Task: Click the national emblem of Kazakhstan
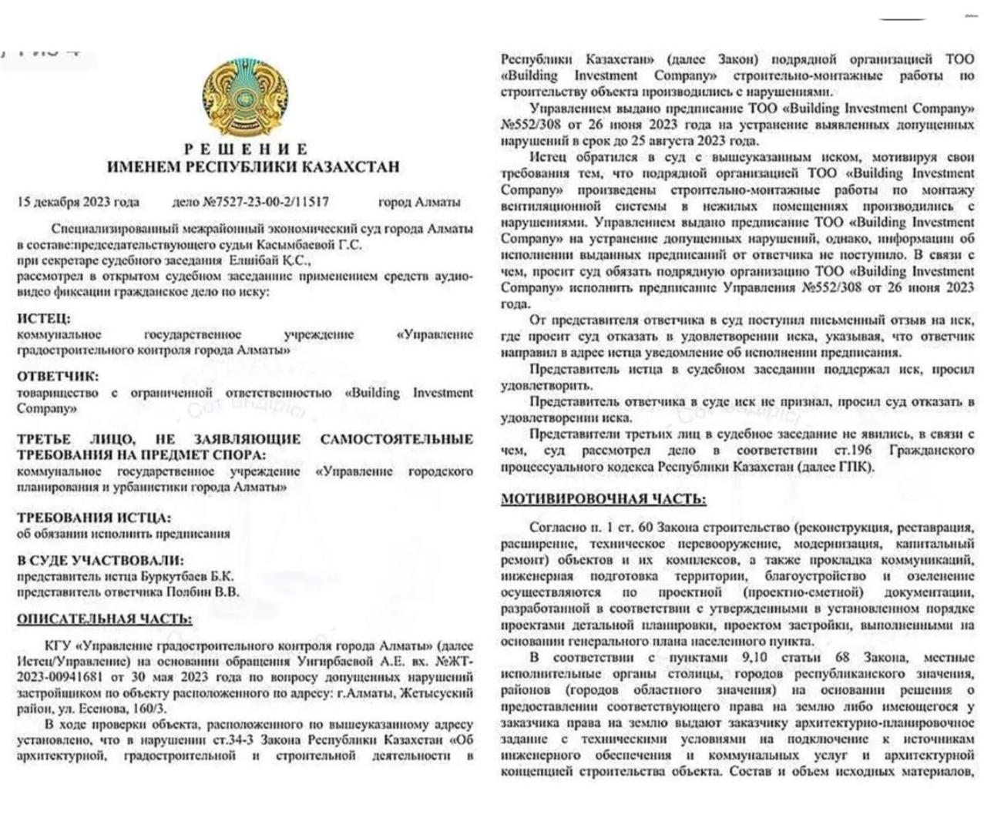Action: (x=245, y=98)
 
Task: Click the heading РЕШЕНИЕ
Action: (x=246, y=149)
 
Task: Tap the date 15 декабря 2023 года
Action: (x=78, y=203)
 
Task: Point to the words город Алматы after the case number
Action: (x=419, y=203)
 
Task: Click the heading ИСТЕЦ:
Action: (x=43, y=319)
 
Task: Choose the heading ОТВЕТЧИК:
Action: (x=58, y=377)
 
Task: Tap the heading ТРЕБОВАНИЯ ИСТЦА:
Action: (x=94, y=518)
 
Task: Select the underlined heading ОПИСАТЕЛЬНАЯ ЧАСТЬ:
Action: (x=105, y=619)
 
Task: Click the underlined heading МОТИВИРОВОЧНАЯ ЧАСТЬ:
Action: (x=603, y=499)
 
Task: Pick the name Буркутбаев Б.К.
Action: (x=188, y=577)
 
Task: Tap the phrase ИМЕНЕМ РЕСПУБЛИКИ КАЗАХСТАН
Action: (x=253, y=166)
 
